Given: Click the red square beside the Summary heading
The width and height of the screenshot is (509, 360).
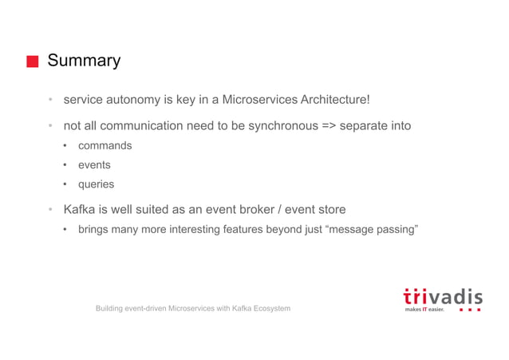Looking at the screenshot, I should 32,61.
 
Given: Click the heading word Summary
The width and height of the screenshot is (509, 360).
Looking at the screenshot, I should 84,61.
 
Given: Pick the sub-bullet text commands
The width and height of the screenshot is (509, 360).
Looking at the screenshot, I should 105,146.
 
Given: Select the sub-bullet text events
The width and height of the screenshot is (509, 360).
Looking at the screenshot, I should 94,165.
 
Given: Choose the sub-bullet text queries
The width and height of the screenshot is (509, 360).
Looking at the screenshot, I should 96,184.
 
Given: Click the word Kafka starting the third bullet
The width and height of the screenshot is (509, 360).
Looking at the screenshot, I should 80,210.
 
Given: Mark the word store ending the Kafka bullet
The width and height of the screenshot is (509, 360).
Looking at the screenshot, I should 329,210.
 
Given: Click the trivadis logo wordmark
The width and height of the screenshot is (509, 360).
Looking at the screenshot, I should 442,296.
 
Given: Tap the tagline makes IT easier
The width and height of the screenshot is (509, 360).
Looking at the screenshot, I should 424,310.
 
